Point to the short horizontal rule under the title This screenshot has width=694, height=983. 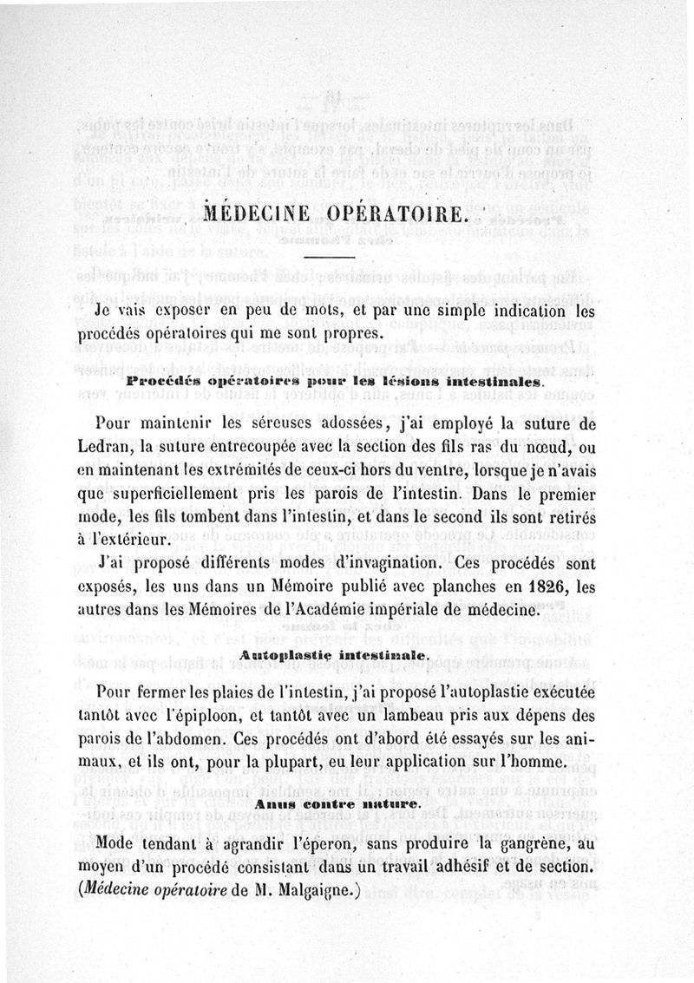point(330,256)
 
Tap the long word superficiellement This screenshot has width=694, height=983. point(192,493)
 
